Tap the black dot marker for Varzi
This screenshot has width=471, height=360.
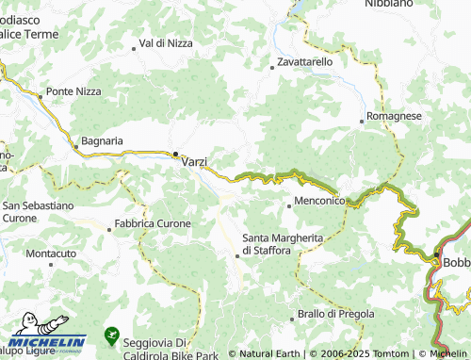175,154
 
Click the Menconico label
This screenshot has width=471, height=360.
322,202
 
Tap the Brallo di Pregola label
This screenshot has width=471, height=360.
335,313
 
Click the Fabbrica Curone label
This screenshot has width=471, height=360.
152,224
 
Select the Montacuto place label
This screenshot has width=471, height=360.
51,254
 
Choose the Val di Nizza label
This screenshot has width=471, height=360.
166,43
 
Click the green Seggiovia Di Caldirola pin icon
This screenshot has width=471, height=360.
111,335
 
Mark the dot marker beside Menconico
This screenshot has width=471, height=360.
289,203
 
